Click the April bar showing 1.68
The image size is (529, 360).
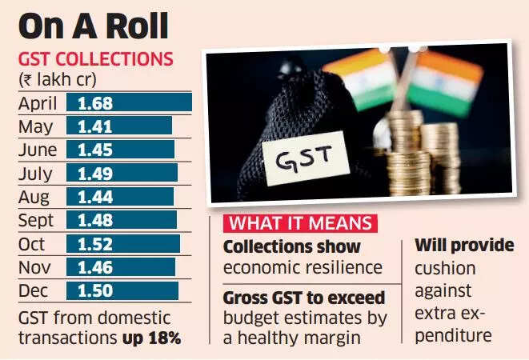click(129, 102)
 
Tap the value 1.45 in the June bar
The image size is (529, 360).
click(94, 150)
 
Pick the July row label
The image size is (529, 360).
click(36, 174)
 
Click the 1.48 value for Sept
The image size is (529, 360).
click(94, 220)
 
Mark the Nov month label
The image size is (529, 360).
click(35, 267)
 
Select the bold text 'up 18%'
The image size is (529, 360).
click(151, 338)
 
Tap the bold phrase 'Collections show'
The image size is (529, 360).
click(292, 247)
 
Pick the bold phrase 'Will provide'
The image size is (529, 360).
click(465, 245)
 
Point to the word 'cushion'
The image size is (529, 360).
click(445, 267)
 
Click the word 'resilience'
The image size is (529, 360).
click(340, 268)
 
